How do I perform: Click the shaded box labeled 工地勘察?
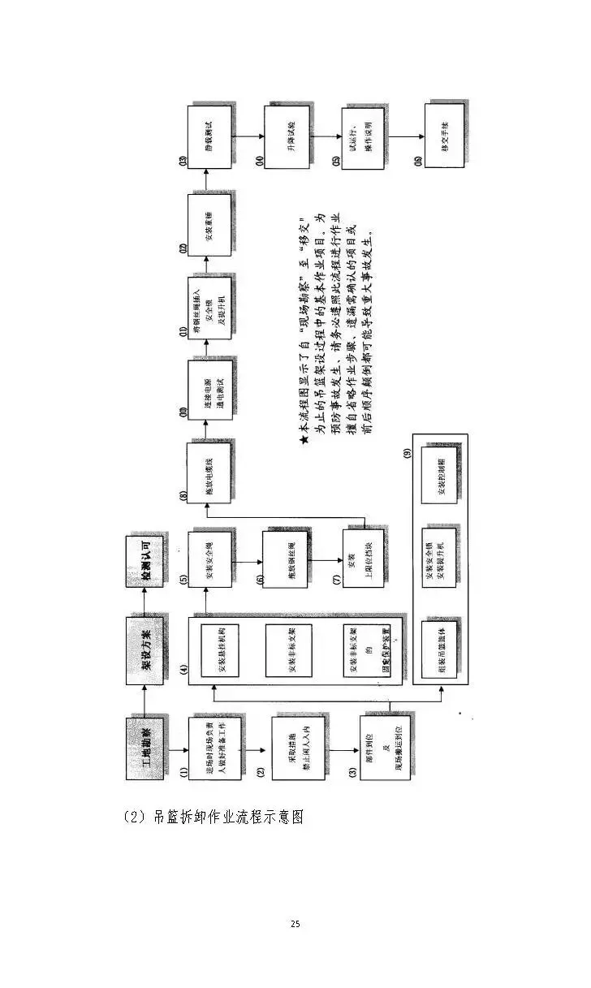pos(145,748)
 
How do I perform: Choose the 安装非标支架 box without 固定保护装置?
pos(288,650)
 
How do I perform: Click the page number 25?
pos(295,924)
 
